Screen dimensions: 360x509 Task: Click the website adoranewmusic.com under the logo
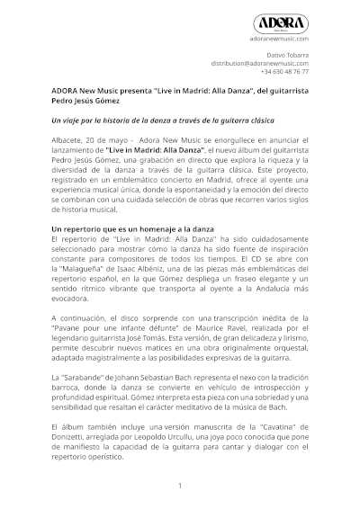[279, 40]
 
